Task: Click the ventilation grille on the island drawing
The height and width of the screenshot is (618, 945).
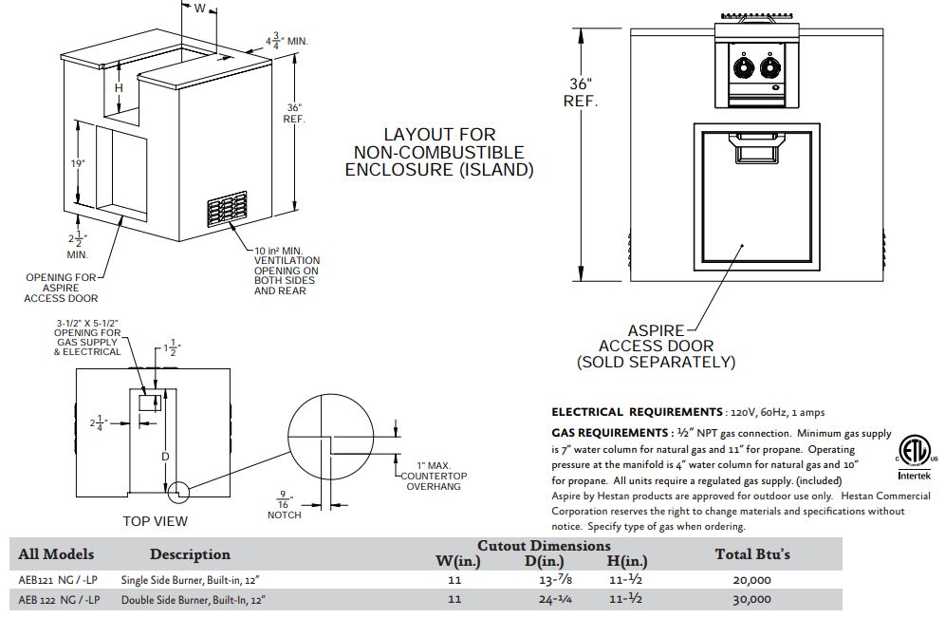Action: (x=229, y=210)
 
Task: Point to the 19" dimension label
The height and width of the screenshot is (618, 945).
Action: (x=77, y=163)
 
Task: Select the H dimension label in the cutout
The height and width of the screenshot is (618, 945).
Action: (x=119, y=88)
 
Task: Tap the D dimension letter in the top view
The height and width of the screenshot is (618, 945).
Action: (x=165, y=458)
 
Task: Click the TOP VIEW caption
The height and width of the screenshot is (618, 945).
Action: (x=156, y=520)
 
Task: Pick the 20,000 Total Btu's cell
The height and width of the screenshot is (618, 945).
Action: (x=752, y=579)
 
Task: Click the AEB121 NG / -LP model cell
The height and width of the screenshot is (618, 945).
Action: (x=58, y=579)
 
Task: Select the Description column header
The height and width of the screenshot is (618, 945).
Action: (x=190, y=554)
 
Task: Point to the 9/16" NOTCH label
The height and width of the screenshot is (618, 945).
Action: (x=284, y=506)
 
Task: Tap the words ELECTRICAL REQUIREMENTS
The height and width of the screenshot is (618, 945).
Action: (x=637, y=412)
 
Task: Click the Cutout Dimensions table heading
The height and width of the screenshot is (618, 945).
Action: (x=544, y=546)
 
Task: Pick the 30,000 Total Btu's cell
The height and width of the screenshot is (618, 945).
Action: (x=752, y=600)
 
